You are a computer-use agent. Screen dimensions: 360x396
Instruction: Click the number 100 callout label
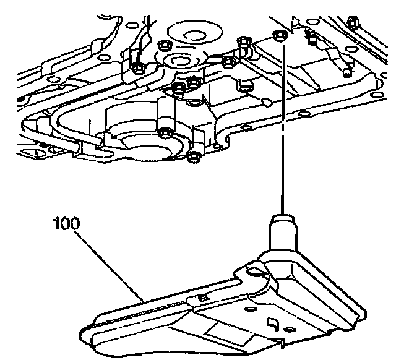click(x=66, y=223)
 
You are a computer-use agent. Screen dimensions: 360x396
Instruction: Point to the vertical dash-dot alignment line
click(x=284, y=124)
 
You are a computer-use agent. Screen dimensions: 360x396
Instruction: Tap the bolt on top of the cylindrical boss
click(x=165, y=132)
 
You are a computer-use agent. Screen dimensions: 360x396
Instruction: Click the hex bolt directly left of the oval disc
click(x=164, y=46)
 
